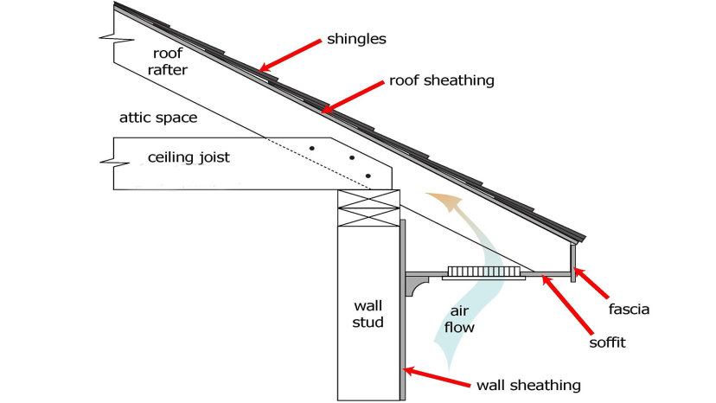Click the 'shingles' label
coord(356,39)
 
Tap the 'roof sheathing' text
coord(442,80)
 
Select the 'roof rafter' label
coord(168,61)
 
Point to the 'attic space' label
coord(158,118)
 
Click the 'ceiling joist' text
coord(189,157)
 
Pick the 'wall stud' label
coord(368,314)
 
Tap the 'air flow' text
coord(459,319)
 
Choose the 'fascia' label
coord(629,310)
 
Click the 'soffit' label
coord(607,342)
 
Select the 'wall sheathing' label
coord(528,385)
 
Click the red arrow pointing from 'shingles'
coord(290,55)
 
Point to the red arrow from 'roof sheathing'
coord(353,97)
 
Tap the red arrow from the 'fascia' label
coord(591,284)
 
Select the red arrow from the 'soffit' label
coord(567,304)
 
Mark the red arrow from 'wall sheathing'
coord(437,377)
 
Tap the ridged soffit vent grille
coord(483,272)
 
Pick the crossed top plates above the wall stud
coord(368,208)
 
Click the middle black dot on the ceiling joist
coord(352,158)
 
